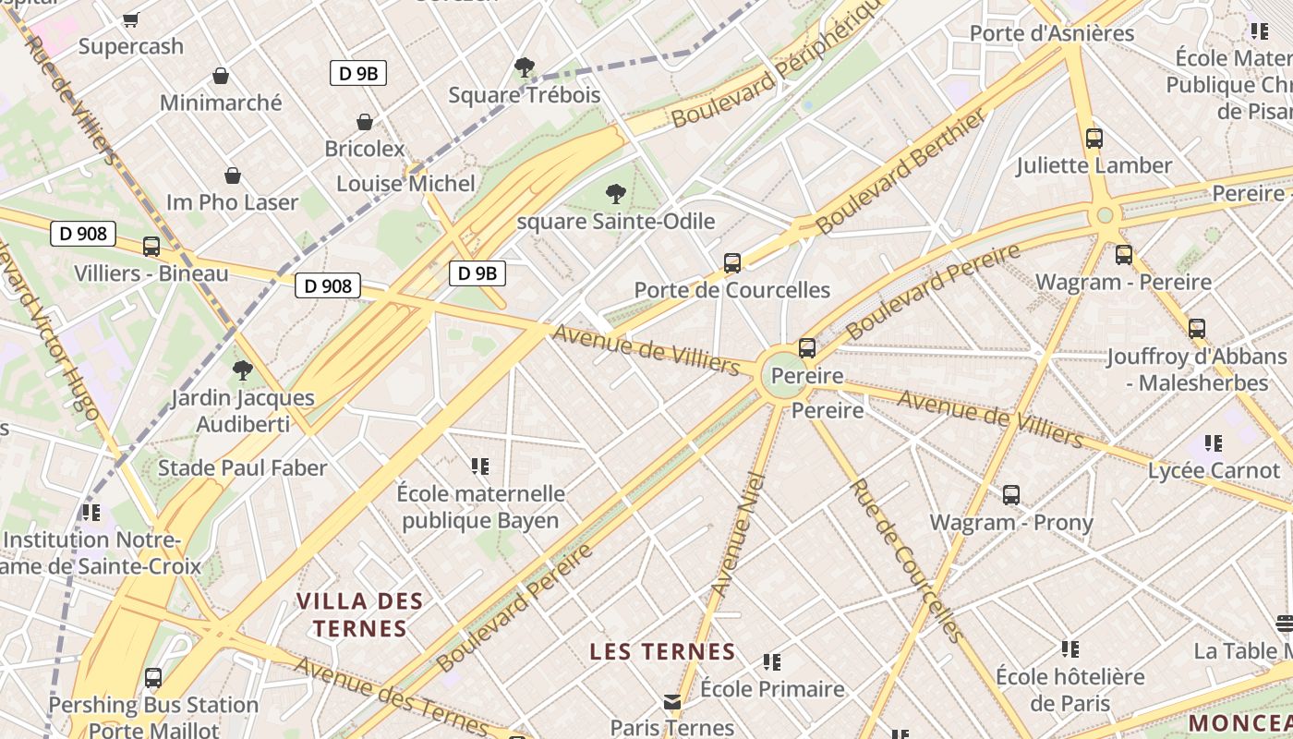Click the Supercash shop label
(130, 45)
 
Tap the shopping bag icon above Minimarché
(221, 76)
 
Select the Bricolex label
(365, 148)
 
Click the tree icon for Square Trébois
(524, 67)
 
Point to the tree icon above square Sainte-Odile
(615, 194)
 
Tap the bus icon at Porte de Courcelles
(732, 263)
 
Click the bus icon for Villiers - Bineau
(151, 247)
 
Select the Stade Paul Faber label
(242, 467)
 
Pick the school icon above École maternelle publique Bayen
(480, 466)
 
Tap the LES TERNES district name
(662, 651)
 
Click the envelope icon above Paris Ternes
(672, 702)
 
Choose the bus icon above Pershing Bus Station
(153, 678)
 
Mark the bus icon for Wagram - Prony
(1011, 495)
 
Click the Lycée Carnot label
(1214, 470)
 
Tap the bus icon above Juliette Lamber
(1094, 139)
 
